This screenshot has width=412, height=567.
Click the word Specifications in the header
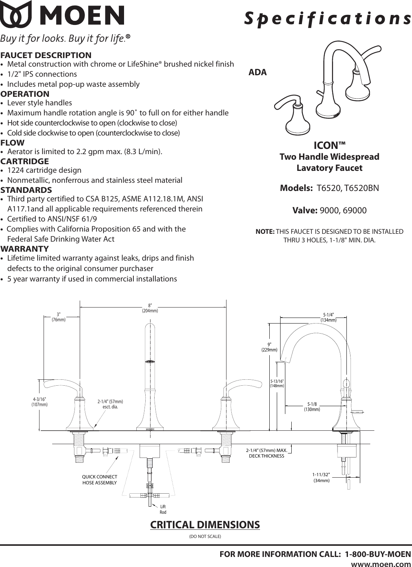tap(327, 18)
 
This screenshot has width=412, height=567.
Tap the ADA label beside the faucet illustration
tap(257, 73)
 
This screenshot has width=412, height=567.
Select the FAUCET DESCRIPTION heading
tap(46, 55)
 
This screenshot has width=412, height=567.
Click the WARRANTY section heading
tap(25, 249)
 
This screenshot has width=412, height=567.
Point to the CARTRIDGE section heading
tap(25, 161)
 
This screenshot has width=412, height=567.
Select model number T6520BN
tap(361, 188)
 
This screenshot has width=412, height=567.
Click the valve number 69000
tap(352, 210)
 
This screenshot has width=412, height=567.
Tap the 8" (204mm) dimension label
tap(150, 308)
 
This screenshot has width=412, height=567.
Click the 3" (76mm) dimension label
tap(58, 317)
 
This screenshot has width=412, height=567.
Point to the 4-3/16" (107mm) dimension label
tap(39, 402)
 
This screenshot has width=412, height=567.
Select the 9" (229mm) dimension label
tap(269, 347)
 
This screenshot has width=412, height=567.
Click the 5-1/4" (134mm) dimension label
tap(328, 318)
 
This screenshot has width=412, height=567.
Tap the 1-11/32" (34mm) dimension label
tap(321, 477)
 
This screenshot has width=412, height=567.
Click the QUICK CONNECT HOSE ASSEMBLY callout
tap(99, 480)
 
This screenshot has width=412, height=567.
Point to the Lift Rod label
tap(163, 509)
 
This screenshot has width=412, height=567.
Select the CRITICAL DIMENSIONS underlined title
tap(205, 525)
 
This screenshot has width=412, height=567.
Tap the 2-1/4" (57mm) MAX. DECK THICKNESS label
tap(266, 453)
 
